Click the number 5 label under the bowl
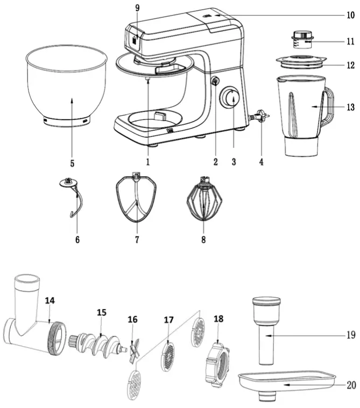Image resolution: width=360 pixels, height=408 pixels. (x=72, y=161)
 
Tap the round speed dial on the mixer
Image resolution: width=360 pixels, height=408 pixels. (x=232, y=98)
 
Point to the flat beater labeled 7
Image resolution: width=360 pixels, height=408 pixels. (x=137, y=199)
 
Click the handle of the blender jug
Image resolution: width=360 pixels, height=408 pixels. (x=327, y=107)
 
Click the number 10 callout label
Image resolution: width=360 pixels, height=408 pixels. (x=350, y=16)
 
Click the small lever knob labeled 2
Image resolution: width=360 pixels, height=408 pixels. (x=214, y=82)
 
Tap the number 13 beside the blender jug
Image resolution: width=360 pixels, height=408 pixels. (x=350, y=107)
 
